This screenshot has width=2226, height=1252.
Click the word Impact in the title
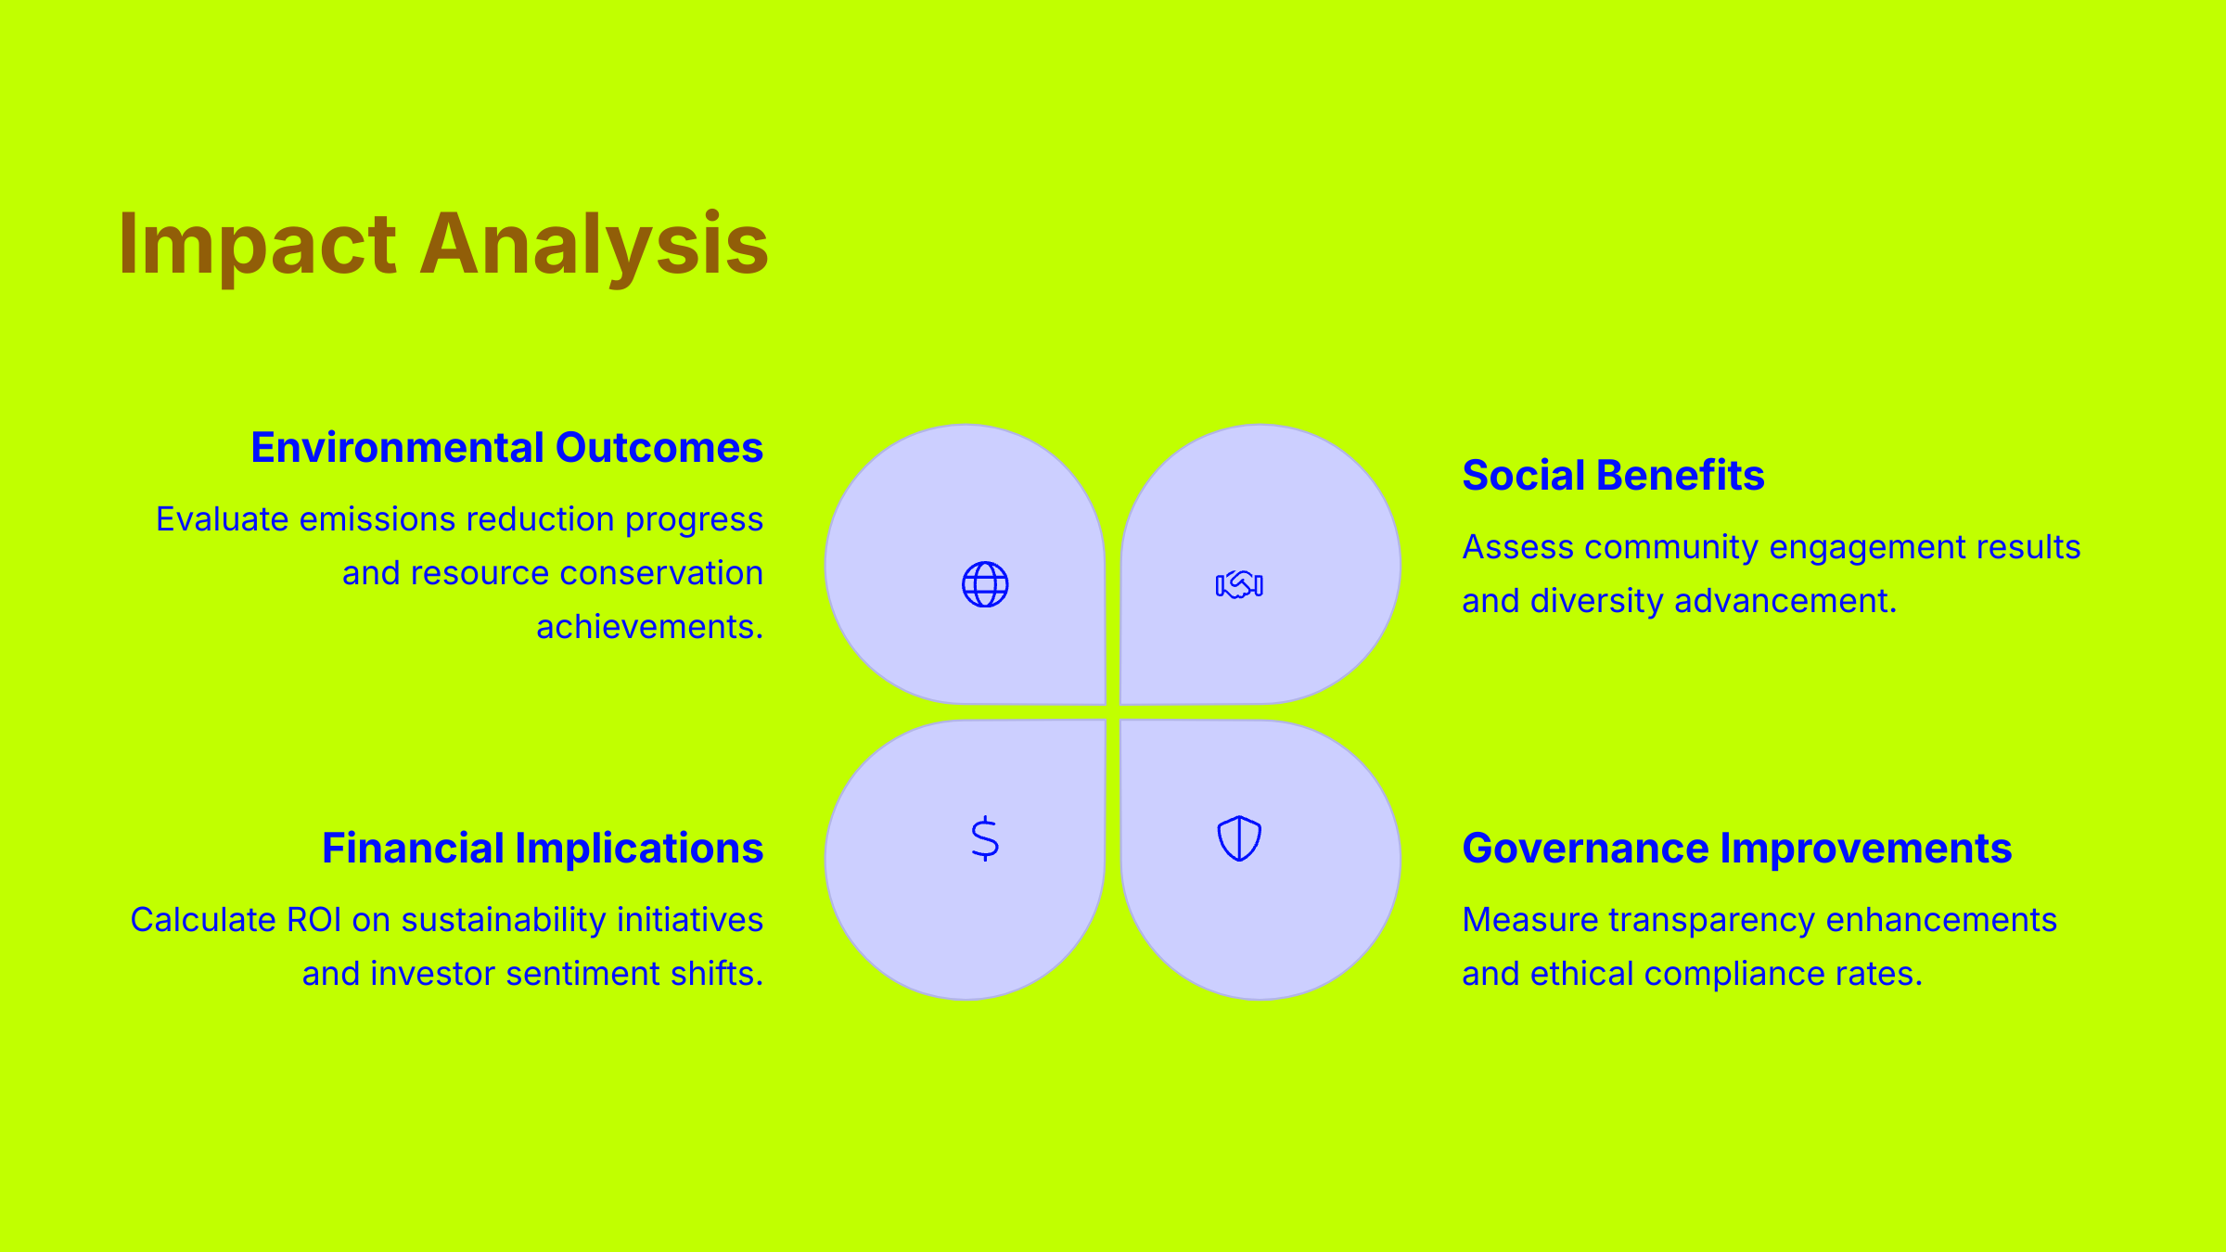point(257,245)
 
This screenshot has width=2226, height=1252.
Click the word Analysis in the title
point(594,245)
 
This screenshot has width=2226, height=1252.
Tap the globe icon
point(985,584)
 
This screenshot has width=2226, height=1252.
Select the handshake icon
point(1239,584)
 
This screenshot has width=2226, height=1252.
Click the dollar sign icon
point(985,838)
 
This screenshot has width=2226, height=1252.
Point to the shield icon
point(1239,838)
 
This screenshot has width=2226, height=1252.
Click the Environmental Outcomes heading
point(506,448)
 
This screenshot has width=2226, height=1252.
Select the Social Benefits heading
point(1613,476)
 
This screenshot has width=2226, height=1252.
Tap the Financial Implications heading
point(543,849)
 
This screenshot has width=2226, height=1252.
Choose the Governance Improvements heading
point(1736,849)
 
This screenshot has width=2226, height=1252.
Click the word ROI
point(314,920)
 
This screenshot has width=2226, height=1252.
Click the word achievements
point(649,628)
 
